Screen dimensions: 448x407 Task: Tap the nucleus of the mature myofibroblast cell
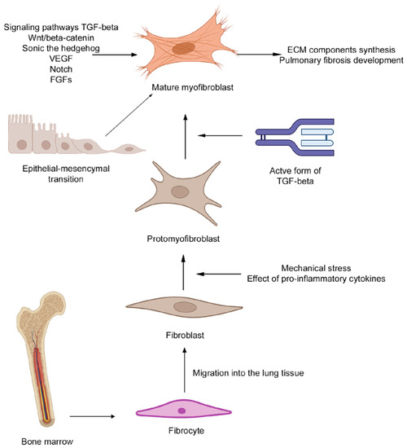pos(185,48)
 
